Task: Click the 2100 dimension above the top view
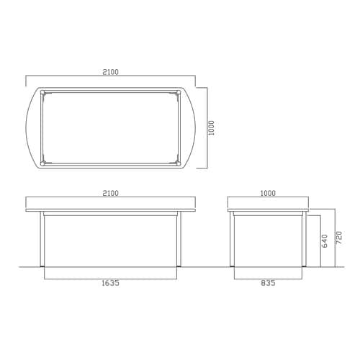[x=111, y=72]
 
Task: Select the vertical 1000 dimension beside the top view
[x=211, y=128]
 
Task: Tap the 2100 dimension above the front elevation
[x=111, y=193]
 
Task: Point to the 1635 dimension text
[x=111, y=283]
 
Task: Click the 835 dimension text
[x=268, y=283]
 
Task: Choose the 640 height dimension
[x=324, y=241]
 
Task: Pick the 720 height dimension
[x=338, y=238]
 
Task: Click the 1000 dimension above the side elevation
[x=268, y=193]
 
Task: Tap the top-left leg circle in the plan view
[x=42, y=92]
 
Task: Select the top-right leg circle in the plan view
[x=179, y=92]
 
